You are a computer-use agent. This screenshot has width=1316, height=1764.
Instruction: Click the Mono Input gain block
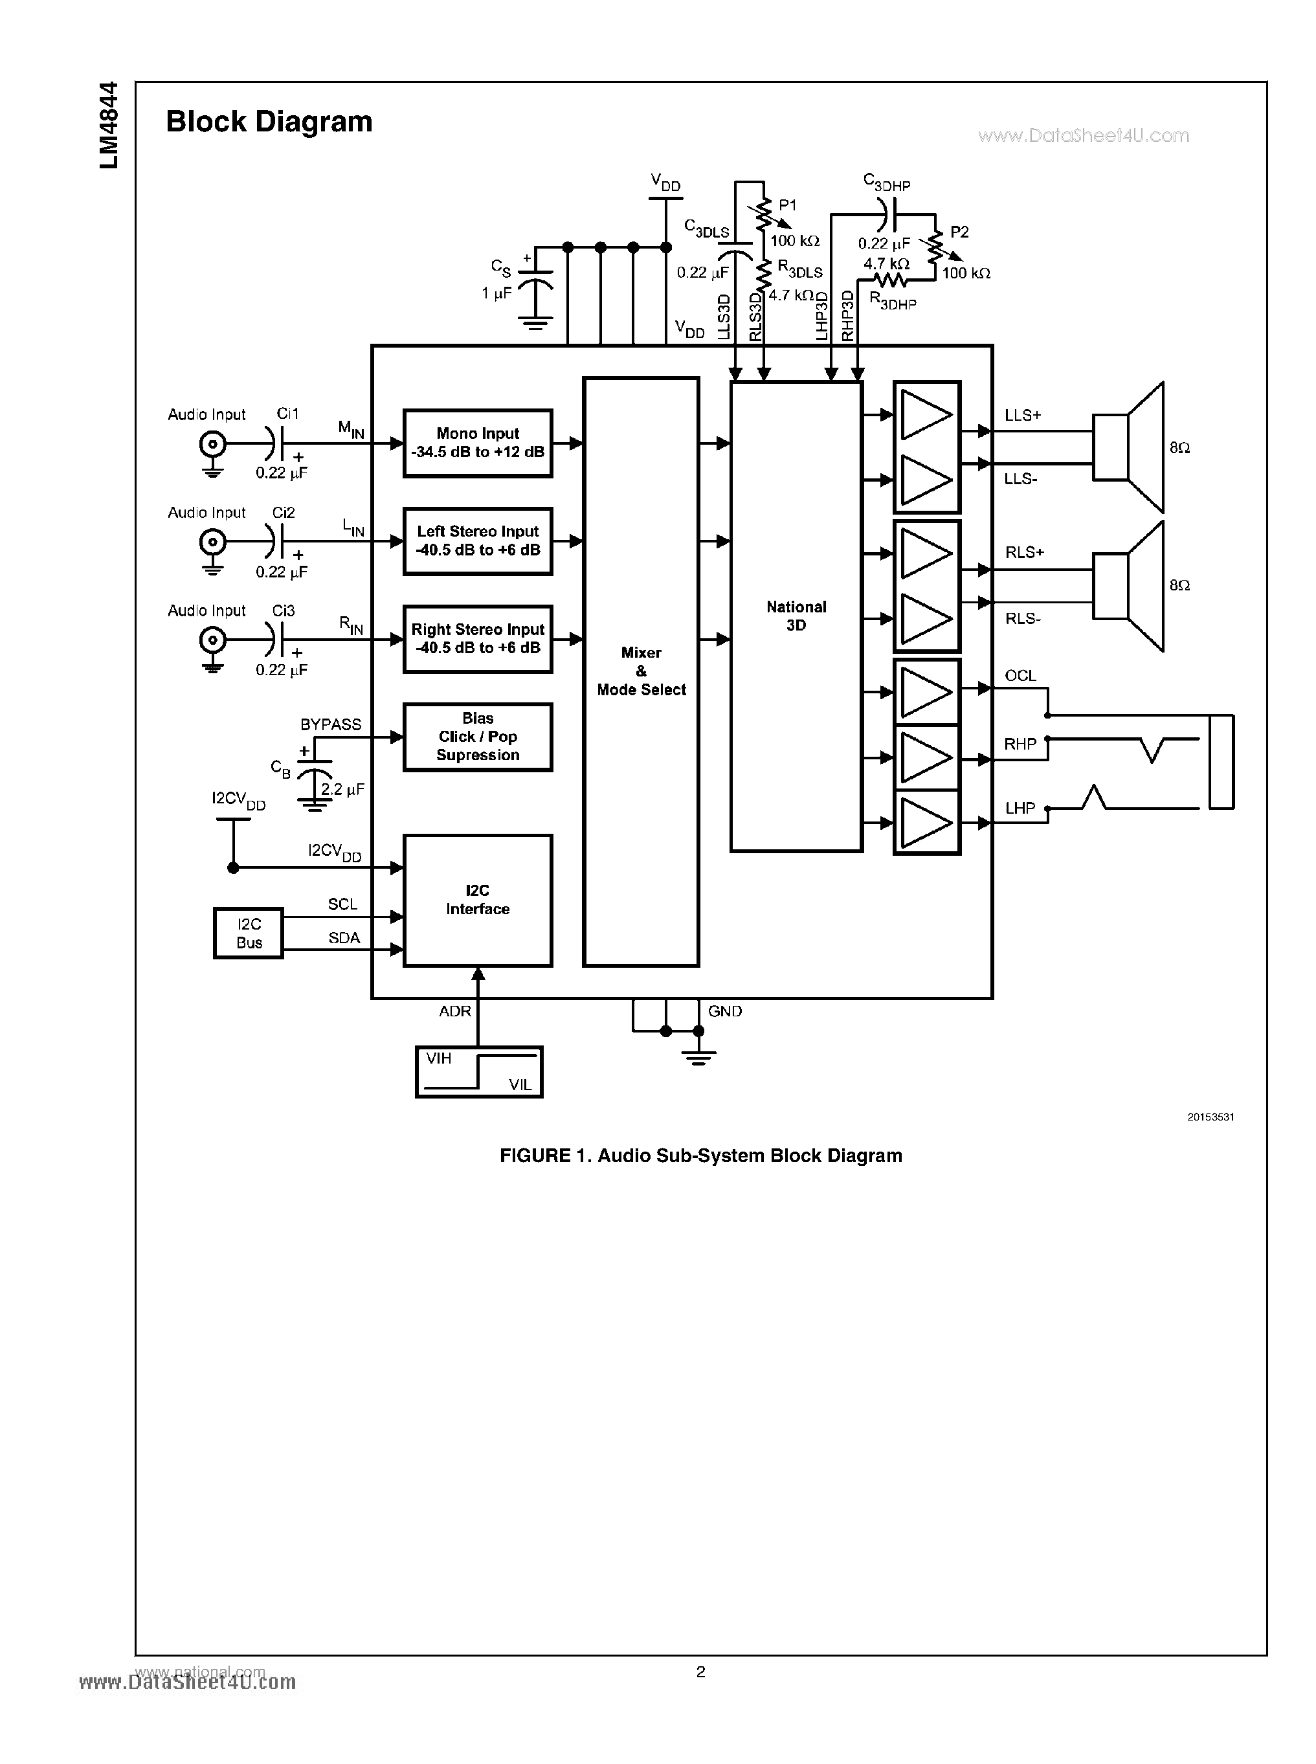coord(477,443)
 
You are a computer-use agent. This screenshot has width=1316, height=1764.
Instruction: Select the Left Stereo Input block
coord(477,541)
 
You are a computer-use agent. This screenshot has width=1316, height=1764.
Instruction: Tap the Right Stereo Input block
coord(477,639)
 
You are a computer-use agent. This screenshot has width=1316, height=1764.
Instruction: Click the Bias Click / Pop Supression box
coord(477,737)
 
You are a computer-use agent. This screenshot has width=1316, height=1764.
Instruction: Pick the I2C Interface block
coord(477,900)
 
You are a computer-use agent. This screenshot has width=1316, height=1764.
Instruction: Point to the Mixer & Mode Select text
coord(641,671)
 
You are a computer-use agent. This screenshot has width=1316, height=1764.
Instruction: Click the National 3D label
coord(796,616)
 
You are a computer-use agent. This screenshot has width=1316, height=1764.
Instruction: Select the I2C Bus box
coord(249,933)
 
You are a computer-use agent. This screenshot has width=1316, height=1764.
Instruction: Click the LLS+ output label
coord(1023,415)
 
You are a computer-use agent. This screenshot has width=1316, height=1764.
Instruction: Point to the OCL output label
coord(1020,676)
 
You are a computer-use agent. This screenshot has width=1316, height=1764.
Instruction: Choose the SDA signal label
coord(344,938)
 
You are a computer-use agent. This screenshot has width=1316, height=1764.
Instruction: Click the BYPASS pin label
coord(331,724)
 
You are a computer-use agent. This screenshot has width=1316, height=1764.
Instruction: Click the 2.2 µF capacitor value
coord(342,790)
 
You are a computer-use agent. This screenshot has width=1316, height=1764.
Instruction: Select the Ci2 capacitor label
coord(284,512)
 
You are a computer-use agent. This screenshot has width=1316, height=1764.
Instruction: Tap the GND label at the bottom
coord(725,1011)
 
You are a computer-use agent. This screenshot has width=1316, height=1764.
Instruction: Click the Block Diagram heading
coord(269,122)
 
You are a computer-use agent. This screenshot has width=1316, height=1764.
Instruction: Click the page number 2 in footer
coord(700,1671)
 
